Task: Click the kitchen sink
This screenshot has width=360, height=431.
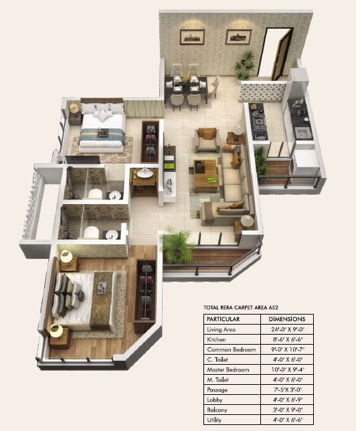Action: (303, 132)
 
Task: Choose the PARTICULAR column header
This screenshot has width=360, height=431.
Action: (224, 320)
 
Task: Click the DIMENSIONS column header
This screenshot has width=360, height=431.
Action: (286, 320)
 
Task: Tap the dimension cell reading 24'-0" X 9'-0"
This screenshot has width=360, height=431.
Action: (286, 330)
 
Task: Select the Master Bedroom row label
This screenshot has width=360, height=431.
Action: (229, 369)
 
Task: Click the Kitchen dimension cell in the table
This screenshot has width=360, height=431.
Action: (286, 340)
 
